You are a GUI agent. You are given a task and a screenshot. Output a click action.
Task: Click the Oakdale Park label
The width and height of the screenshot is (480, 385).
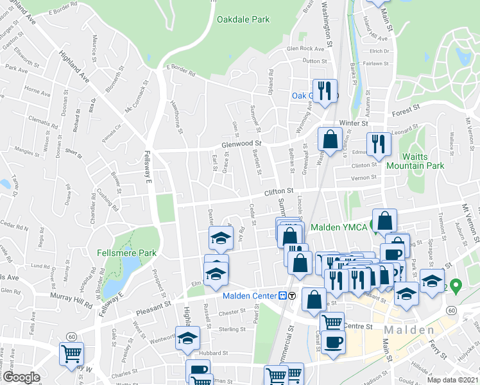(243, 20)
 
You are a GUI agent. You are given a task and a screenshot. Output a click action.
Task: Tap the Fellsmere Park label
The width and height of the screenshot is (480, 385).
(127, 253)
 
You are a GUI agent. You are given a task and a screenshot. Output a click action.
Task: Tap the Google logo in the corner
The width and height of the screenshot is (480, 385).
(21, 377)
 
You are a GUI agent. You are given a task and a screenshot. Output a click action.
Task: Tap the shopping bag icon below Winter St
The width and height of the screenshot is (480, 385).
(330, 139)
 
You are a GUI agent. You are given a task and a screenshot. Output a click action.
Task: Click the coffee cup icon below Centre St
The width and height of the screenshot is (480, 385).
(333, 342)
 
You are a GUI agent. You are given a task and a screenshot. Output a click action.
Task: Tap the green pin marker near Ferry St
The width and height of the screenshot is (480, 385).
(456, 284)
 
